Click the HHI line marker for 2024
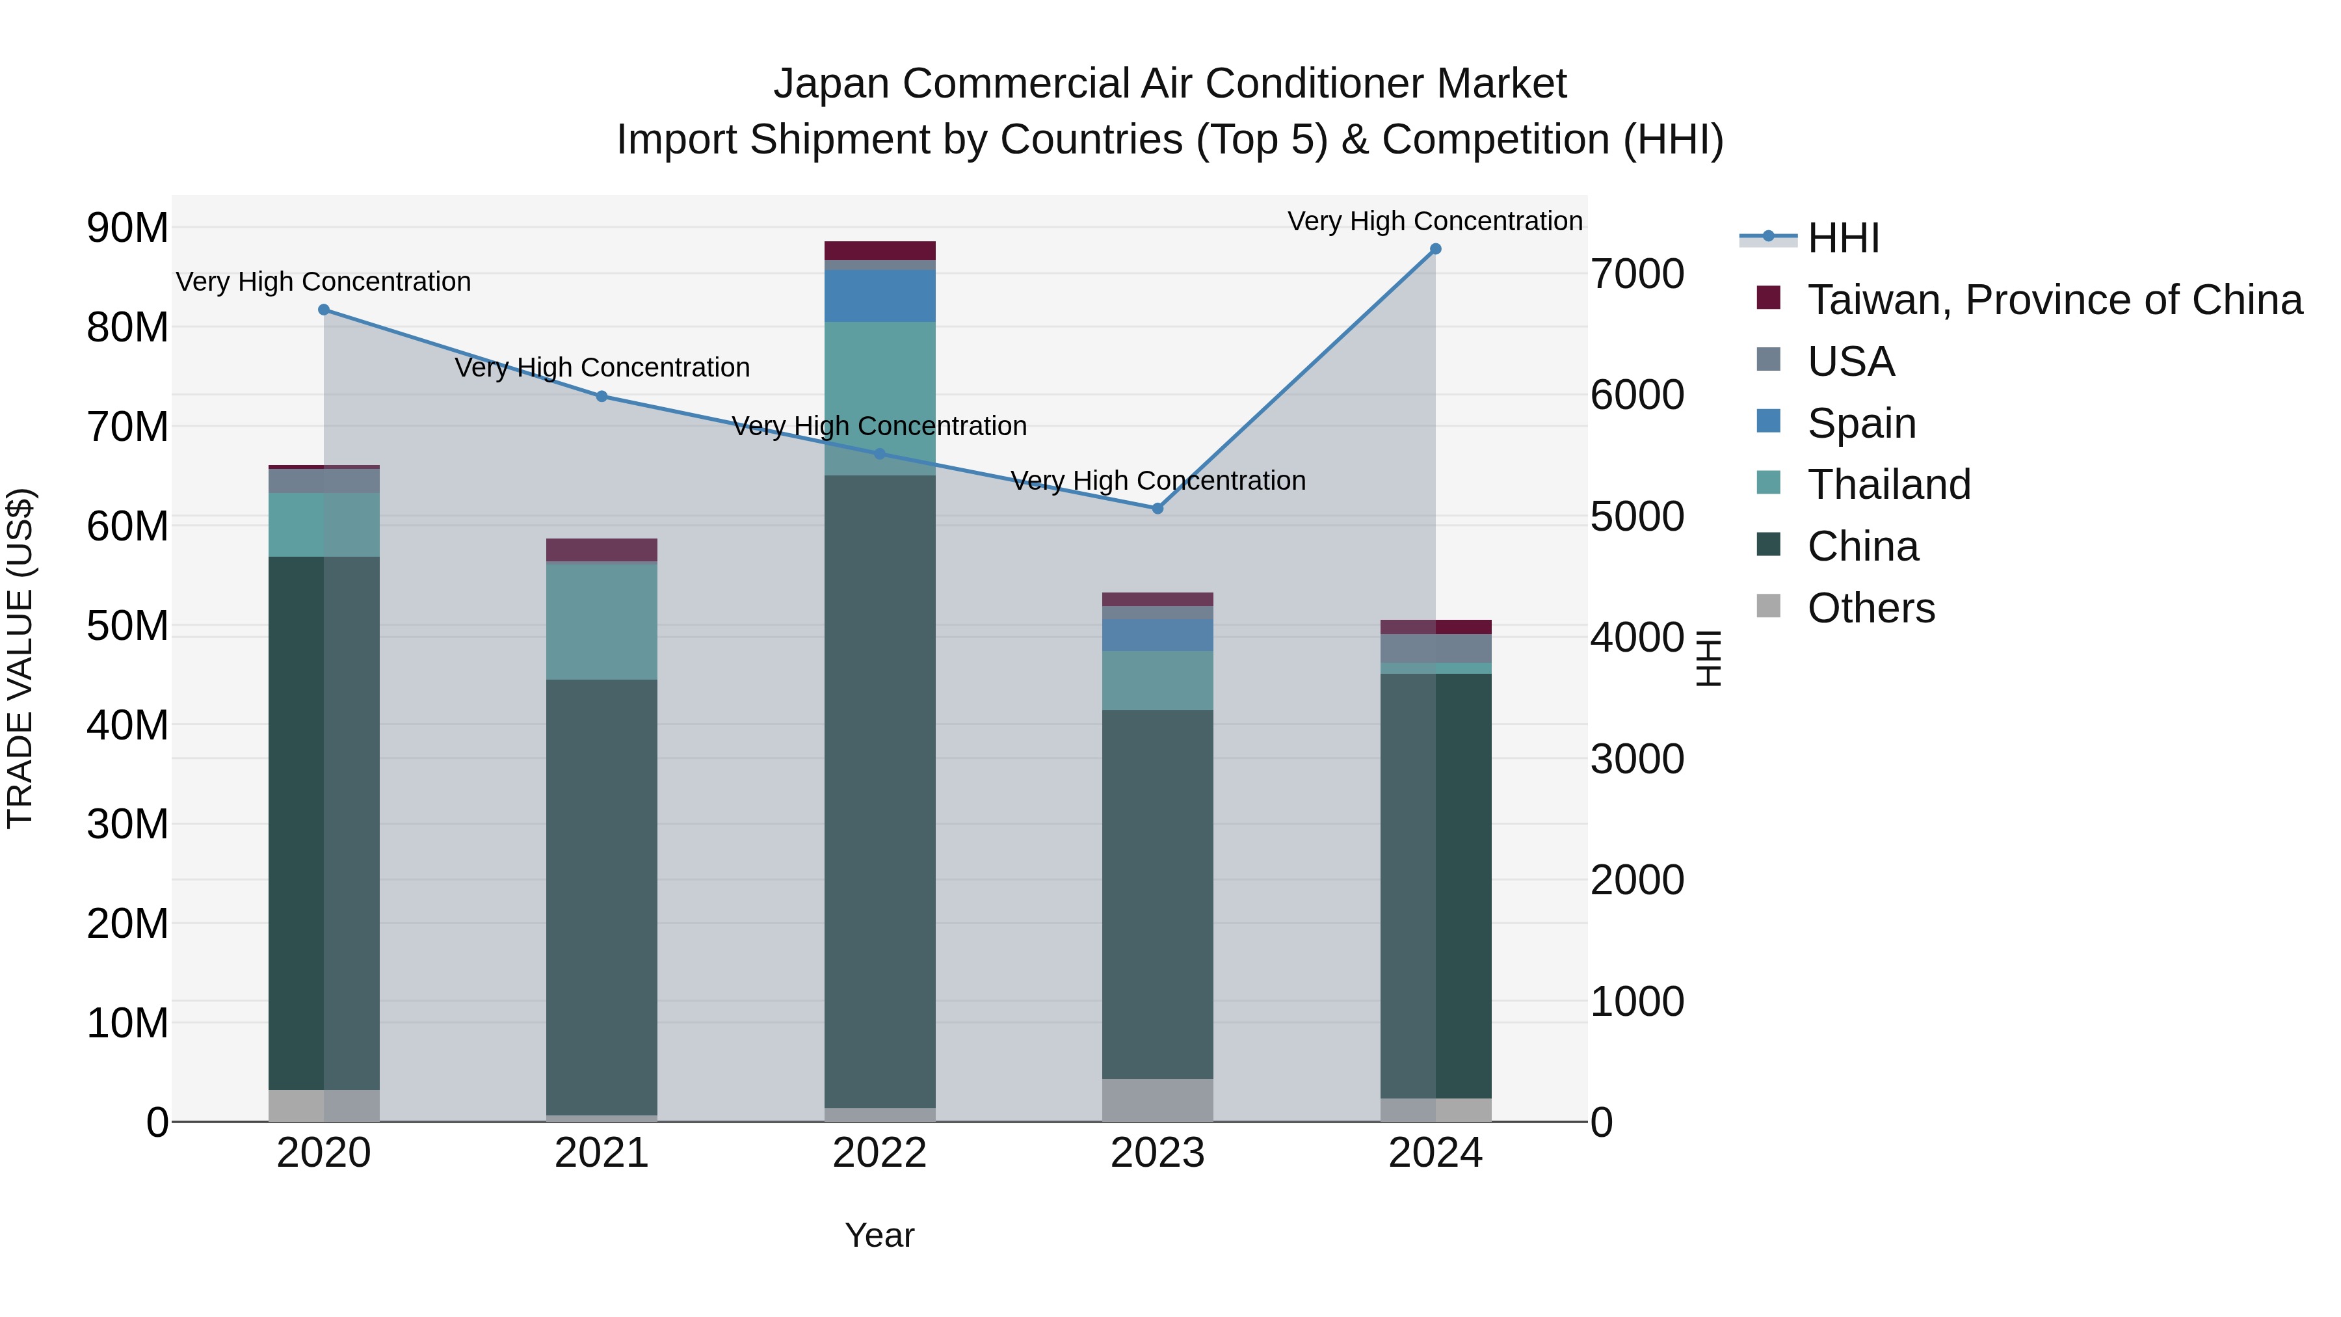tap(1435, 249)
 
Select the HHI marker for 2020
tap(324, 310)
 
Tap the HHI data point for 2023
tap(1157, 508)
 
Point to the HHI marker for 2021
tap(602, 396)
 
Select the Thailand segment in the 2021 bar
tap(602, 622)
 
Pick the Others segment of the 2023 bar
tap(1157, 1100)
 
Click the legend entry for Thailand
tap(1888, 485)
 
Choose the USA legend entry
tap(1850, 362)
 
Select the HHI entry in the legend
tap(1843, 238)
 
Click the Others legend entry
tap(1870, 608)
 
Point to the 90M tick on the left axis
tap(127, 228)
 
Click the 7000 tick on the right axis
tap(1637, 274)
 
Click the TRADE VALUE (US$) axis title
tap(20, 658)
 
